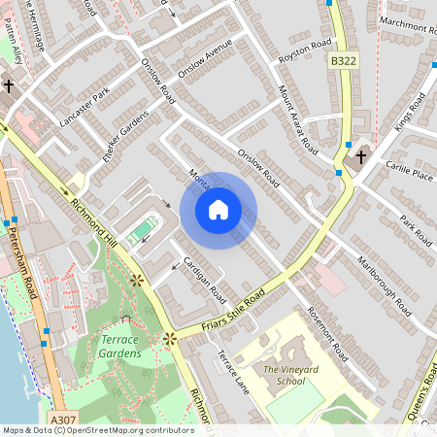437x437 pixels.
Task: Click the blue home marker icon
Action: click(x=218, y=210)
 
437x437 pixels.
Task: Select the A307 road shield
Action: click(x=62, y=420)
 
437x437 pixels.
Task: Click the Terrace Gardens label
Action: click(x=121, y=347)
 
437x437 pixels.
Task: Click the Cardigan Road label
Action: click(x=204, y=281)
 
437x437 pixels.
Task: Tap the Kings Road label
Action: click(x=411, y=114)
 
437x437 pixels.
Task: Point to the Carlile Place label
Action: click(x=409, y=171)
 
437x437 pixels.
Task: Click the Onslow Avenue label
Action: click(x=205, y=61)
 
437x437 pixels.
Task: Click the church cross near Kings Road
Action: click(x=360, y=155)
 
